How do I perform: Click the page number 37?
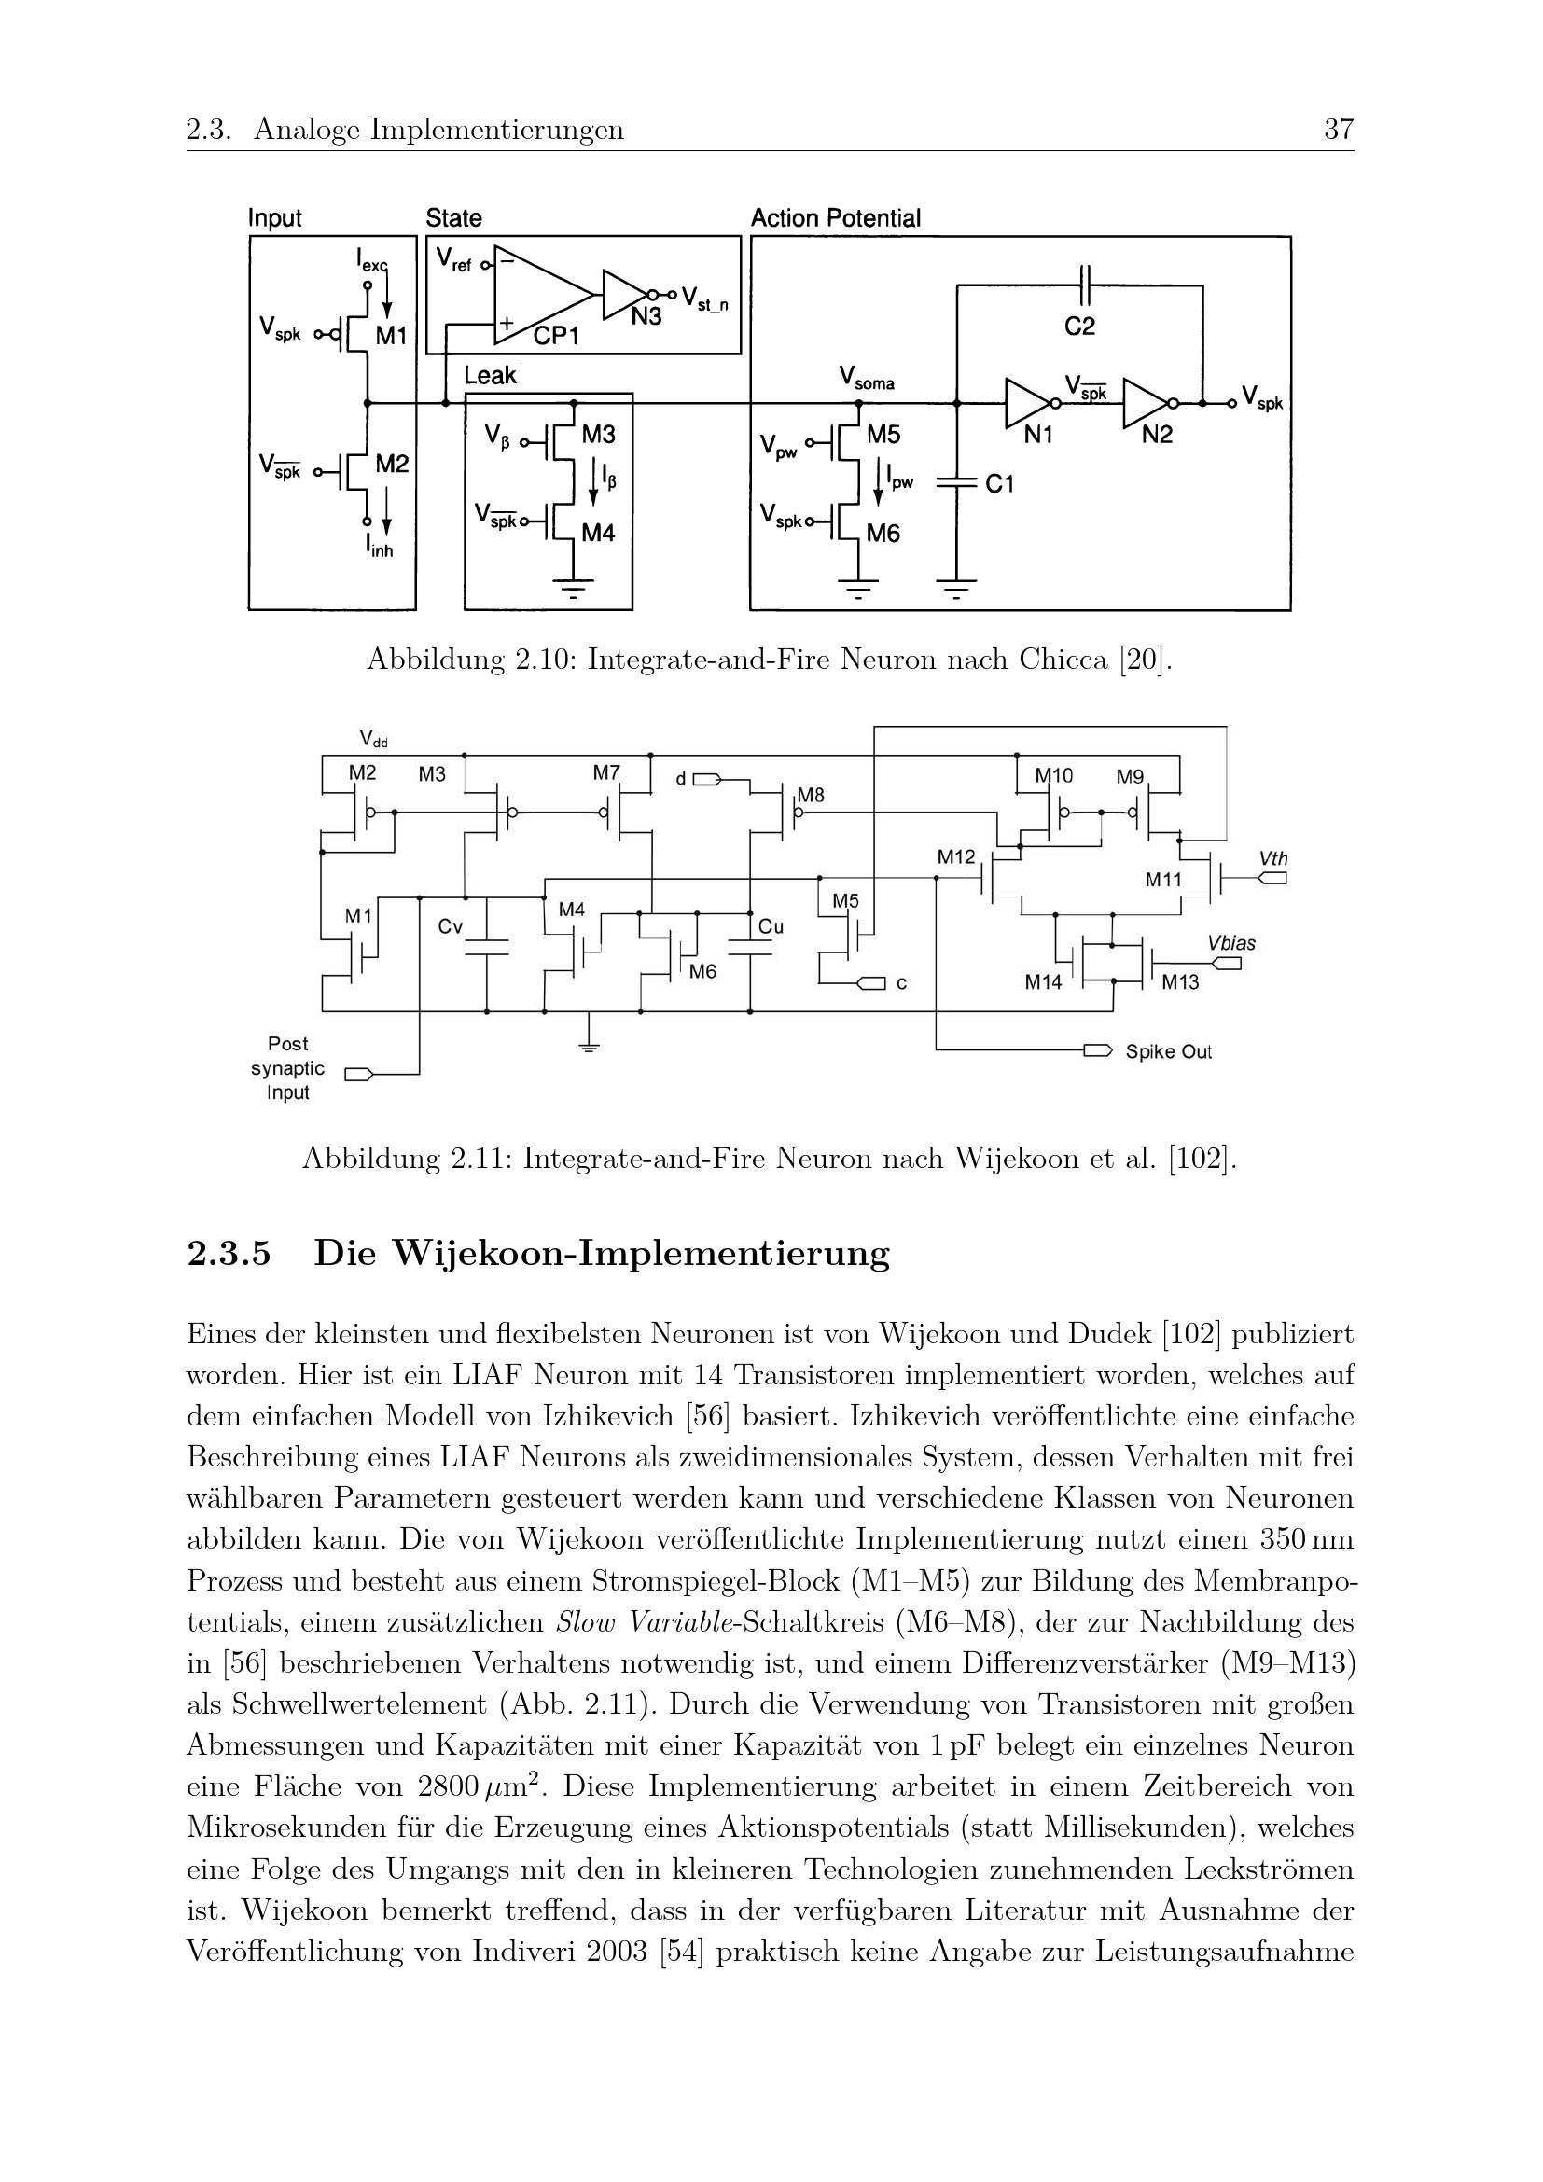tap(1338, 130)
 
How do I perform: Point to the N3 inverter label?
tap(646, 317)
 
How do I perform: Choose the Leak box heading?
tap(491, 376)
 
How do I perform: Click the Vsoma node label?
tap(867, 380)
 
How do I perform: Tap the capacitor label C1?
tap(999, 485)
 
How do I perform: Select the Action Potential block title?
tap(835, 218)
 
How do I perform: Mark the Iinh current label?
tap(379, 548)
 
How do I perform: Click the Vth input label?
tap(1273, 858)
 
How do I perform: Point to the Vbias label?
tap(1231, 943)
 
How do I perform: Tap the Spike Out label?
tap(1168, 1052)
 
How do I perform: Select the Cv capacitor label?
tap(451, 925)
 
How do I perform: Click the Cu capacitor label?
tap(771, 926)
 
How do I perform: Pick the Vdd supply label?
tap(373, 739)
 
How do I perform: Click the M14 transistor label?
tap(1042, 983)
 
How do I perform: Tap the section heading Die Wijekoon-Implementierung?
tap(602, 1254)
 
